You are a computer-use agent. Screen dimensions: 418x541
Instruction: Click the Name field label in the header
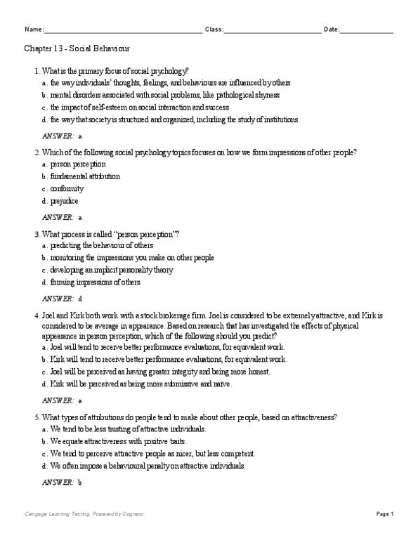[x=34, y=30]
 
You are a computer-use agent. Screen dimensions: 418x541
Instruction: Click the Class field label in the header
[x=214, y=30]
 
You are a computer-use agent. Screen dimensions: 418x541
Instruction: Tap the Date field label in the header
[x=332, y=30]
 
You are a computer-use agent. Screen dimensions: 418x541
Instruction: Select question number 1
[x=36, y=72]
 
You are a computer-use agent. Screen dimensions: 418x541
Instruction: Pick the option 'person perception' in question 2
[x=78, y=164]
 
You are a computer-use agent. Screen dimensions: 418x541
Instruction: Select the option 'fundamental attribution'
[x=85, y=176]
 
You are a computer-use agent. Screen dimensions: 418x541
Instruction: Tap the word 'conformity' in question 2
[x=67, y=188]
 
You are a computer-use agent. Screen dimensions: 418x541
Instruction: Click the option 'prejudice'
[x=65, y=201]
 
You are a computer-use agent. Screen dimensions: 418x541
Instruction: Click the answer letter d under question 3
[x=81, y=299]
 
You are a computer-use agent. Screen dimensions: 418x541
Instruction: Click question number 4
[x=36, y=315]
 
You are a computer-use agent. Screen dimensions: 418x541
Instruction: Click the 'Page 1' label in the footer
[x=385, y=514]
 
